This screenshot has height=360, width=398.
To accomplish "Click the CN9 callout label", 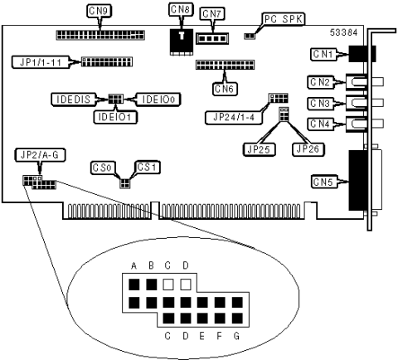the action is tap(99, 11).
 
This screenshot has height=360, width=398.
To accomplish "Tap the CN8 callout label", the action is tap(181, 10).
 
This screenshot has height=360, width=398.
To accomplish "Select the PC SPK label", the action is tap(284, 19).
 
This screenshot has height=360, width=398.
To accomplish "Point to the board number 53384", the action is tap(343, 32).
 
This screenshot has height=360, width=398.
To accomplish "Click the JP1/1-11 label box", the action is tap(41, 62).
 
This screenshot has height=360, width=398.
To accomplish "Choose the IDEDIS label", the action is tap(73, 100).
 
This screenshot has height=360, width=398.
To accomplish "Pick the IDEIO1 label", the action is tap(115, 117).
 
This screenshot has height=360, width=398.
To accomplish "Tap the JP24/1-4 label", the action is tap(234, 118).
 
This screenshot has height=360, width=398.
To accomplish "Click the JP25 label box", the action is tap(260, 149).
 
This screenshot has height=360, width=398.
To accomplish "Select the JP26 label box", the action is tap(308, 149).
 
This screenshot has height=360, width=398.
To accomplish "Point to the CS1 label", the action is tap(147, 168).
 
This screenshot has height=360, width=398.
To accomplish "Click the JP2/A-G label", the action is tap(40, 155).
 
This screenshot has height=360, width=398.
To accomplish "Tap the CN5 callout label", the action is tap(324, 182).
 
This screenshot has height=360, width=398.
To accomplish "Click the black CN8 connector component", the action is tap(182, 41).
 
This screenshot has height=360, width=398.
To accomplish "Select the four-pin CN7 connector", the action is tap(212, 38).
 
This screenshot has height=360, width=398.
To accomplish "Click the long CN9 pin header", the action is tap(100, 35).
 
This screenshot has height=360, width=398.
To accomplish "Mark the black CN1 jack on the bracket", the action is tap(362, 54).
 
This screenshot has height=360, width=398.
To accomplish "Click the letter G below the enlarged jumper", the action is tap(236, 336).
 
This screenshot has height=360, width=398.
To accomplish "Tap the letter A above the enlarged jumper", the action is tap(134, 265).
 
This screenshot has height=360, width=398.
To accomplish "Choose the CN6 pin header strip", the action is tap(226, 65).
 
